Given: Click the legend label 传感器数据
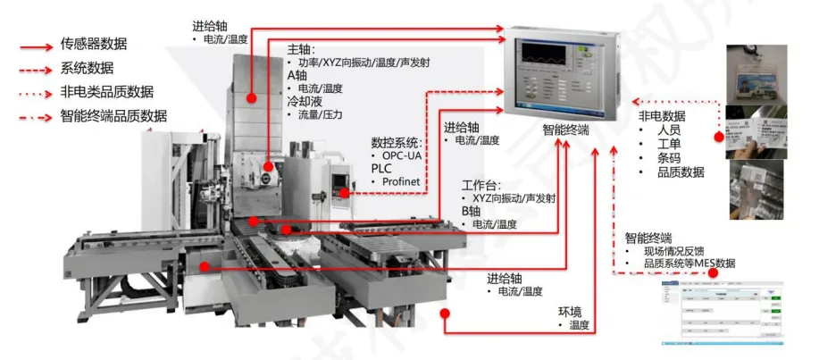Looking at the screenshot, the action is pyautogui.click(x=93, y=44).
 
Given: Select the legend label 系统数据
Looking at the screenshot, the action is pyautogui.click(x=87, y=68).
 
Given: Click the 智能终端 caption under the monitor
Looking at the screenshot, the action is pyautogui.click(x=565, y=130).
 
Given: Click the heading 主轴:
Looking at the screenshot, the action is pyautogui.click(x=301, y=50).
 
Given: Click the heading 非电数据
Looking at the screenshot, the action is pyautogui.click(x=661, y=116).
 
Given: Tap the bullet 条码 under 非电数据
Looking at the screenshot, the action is pyautogui.click(x=669, y=158).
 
